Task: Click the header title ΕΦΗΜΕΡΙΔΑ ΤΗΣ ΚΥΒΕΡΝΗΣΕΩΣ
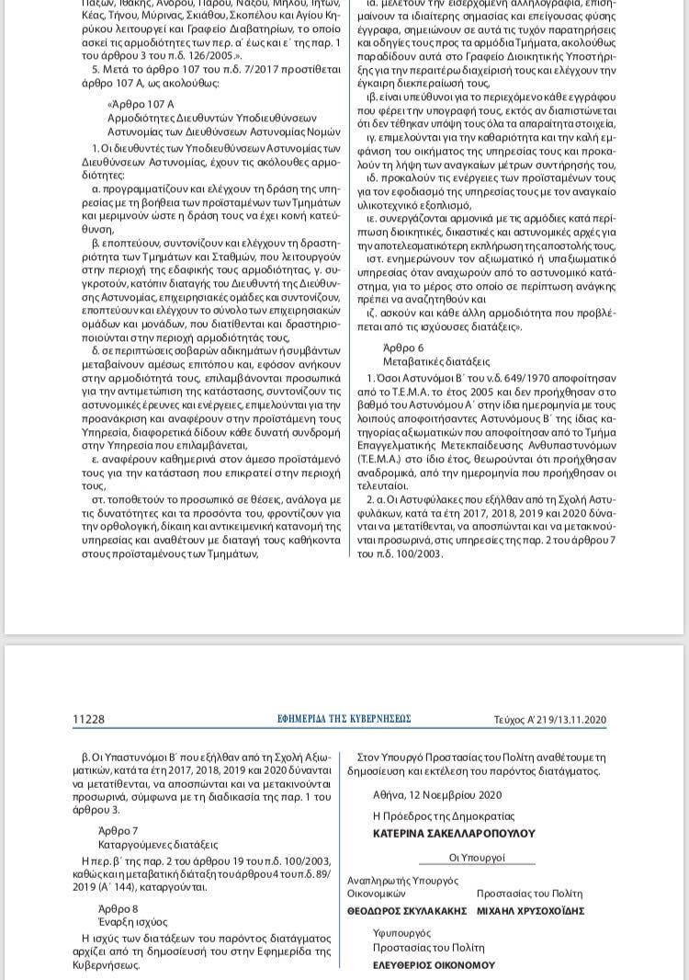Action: pos(344,719)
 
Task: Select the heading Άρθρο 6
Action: pos(403,348)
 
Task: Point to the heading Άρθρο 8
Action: pos(118,908)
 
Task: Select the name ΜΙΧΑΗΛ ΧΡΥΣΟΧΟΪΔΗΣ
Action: pos(531,911)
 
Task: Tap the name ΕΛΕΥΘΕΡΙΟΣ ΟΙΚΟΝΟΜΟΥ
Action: pos(434,965)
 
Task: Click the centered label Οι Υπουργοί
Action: pos(478,857)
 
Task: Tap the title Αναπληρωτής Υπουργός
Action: pos(402,880)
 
